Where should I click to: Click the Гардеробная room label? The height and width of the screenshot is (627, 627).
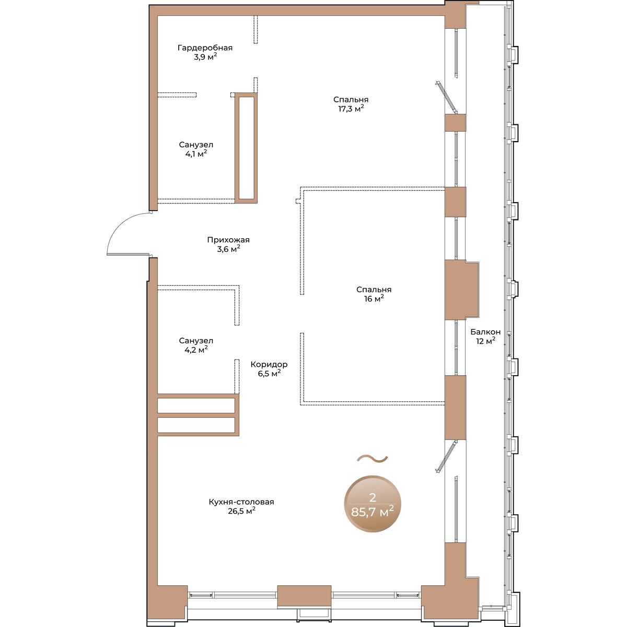click(205, 48)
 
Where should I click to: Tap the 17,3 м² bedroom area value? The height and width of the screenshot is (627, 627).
click(351, 108)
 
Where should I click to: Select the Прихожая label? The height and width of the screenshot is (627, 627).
click(228, 240)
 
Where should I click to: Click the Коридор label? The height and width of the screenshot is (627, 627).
click(269, 364)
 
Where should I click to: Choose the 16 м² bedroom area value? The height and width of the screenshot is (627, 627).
click(374, 298)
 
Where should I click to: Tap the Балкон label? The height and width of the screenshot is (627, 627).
click(485, 332)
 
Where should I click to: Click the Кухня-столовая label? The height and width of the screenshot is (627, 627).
click(241, 502)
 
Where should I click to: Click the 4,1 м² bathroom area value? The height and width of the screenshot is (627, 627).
click(196, 153)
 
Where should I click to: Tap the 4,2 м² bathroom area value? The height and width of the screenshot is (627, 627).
click(196, 350)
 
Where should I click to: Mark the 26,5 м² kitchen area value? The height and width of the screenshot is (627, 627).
click(241, 511)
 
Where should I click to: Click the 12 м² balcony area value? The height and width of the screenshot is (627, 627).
click(486, 341)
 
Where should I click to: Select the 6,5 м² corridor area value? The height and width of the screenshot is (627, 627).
click(270, 374)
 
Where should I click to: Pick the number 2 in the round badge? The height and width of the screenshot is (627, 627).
click(373, 497)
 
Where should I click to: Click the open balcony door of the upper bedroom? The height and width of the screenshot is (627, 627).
click(446, 97)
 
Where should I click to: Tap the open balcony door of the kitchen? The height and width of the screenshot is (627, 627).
click(446, 456)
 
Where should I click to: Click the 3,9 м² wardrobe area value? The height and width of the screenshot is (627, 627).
click(205, 57)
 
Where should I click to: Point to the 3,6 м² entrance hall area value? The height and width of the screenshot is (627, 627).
click(228, 249)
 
